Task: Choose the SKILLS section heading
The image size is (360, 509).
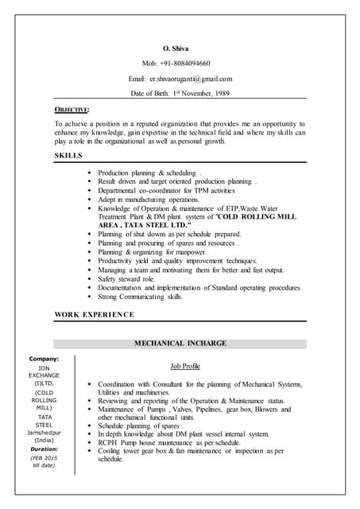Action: pos(68,155)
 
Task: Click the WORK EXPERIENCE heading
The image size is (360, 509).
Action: pos(94,315)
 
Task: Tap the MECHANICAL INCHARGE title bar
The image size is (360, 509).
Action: pos(180,343)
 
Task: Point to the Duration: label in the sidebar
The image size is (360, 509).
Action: pos(44,448)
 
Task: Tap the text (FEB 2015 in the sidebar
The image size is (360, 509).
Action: pos(44,457)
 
